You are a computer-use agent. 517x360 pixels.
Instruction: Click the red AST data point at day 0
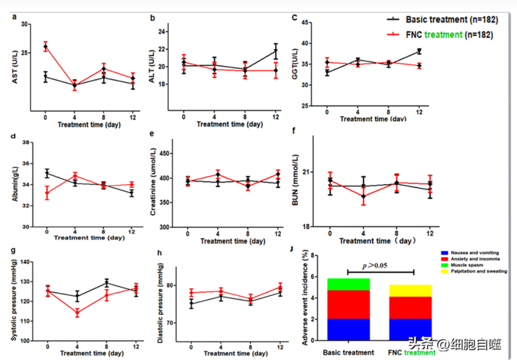pos(45,47)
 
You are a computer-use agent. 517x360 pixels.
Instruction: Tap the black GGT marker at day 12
pos(419,51)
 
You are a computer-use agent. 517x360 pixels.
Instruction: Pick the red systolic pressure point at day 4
pos(76,313)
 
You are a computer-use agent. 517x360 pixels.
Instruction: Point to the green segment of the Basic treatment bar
pos(348,284)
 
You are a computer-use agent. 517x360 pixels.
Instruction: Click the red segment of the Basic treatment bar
pos(348,304)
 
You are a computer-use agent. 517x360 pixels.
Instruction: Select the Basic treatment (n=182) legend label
pos(451,20)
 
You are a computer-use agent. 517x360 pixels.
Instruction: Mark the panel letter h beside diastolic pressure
pos(159,252)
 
